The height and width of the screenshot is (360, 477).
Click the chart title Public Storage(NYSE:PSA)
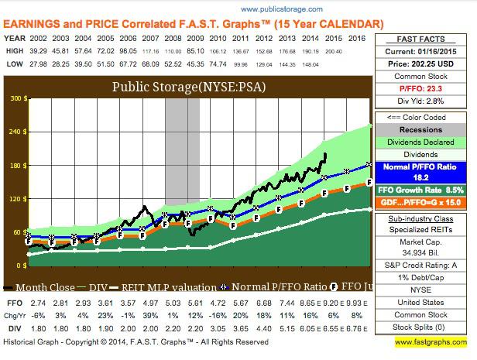pyautogui.click(x=201, y=87)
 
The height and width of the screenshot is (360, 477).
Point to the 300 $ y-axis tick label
pyautogui.click(x=14, y=100)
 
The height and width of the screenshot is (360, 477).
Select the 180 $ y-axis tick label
pyautogui.click(x=14, y=166)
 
